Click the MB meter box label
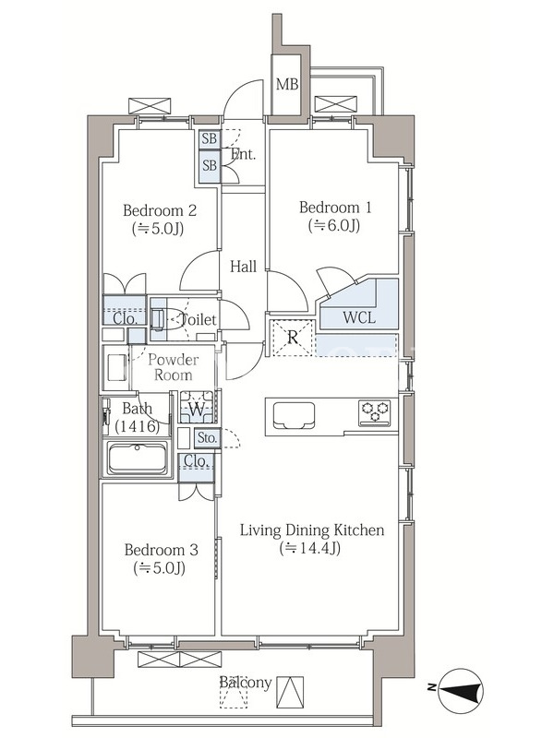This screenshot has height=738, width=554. [x=287, y=84]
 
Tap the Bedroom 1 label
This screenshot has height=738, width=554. [x=335, y=207]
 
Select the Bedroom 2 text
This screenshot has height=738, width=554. [x=160, y=210]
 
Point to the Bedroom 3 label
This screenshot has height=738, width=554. [x=161, y=550]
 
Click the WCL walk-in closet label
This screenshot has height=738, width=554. [x=359, y=317]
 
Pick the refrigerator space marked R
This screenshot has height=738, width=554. [x=293, y=338]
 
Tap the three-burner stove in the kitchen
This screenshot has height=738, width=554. [x=375, y=412]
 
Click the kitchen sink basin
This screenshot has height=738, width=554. [x=293, y=414]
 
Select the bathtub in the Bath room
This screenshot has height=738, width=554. [x=137, y=458]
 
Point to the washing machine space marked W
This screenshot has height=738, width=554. [x=197, y=407]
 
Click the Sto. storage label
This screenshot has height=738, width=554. [x=207, y=438]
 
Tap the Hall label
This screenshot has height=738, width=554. [x=243, y=267]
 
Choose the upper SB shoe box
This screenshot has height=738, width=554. [x=210, y=139]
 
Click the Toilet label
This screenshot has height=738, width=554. [x=199, y=320]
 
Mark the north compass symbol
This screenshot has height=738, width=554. [x=460, y=690]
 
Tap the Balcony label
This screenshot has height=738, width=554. [x=246, y=683]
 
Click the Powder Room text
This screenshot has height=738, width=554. [x=174, y=367]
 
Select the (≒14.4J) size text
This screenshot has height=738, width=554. [x=310, y=548]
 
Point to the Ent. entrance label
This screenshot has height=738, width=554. [x=244, y=154]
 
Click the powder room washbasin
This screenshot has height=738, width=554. [x=116, y=367]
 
